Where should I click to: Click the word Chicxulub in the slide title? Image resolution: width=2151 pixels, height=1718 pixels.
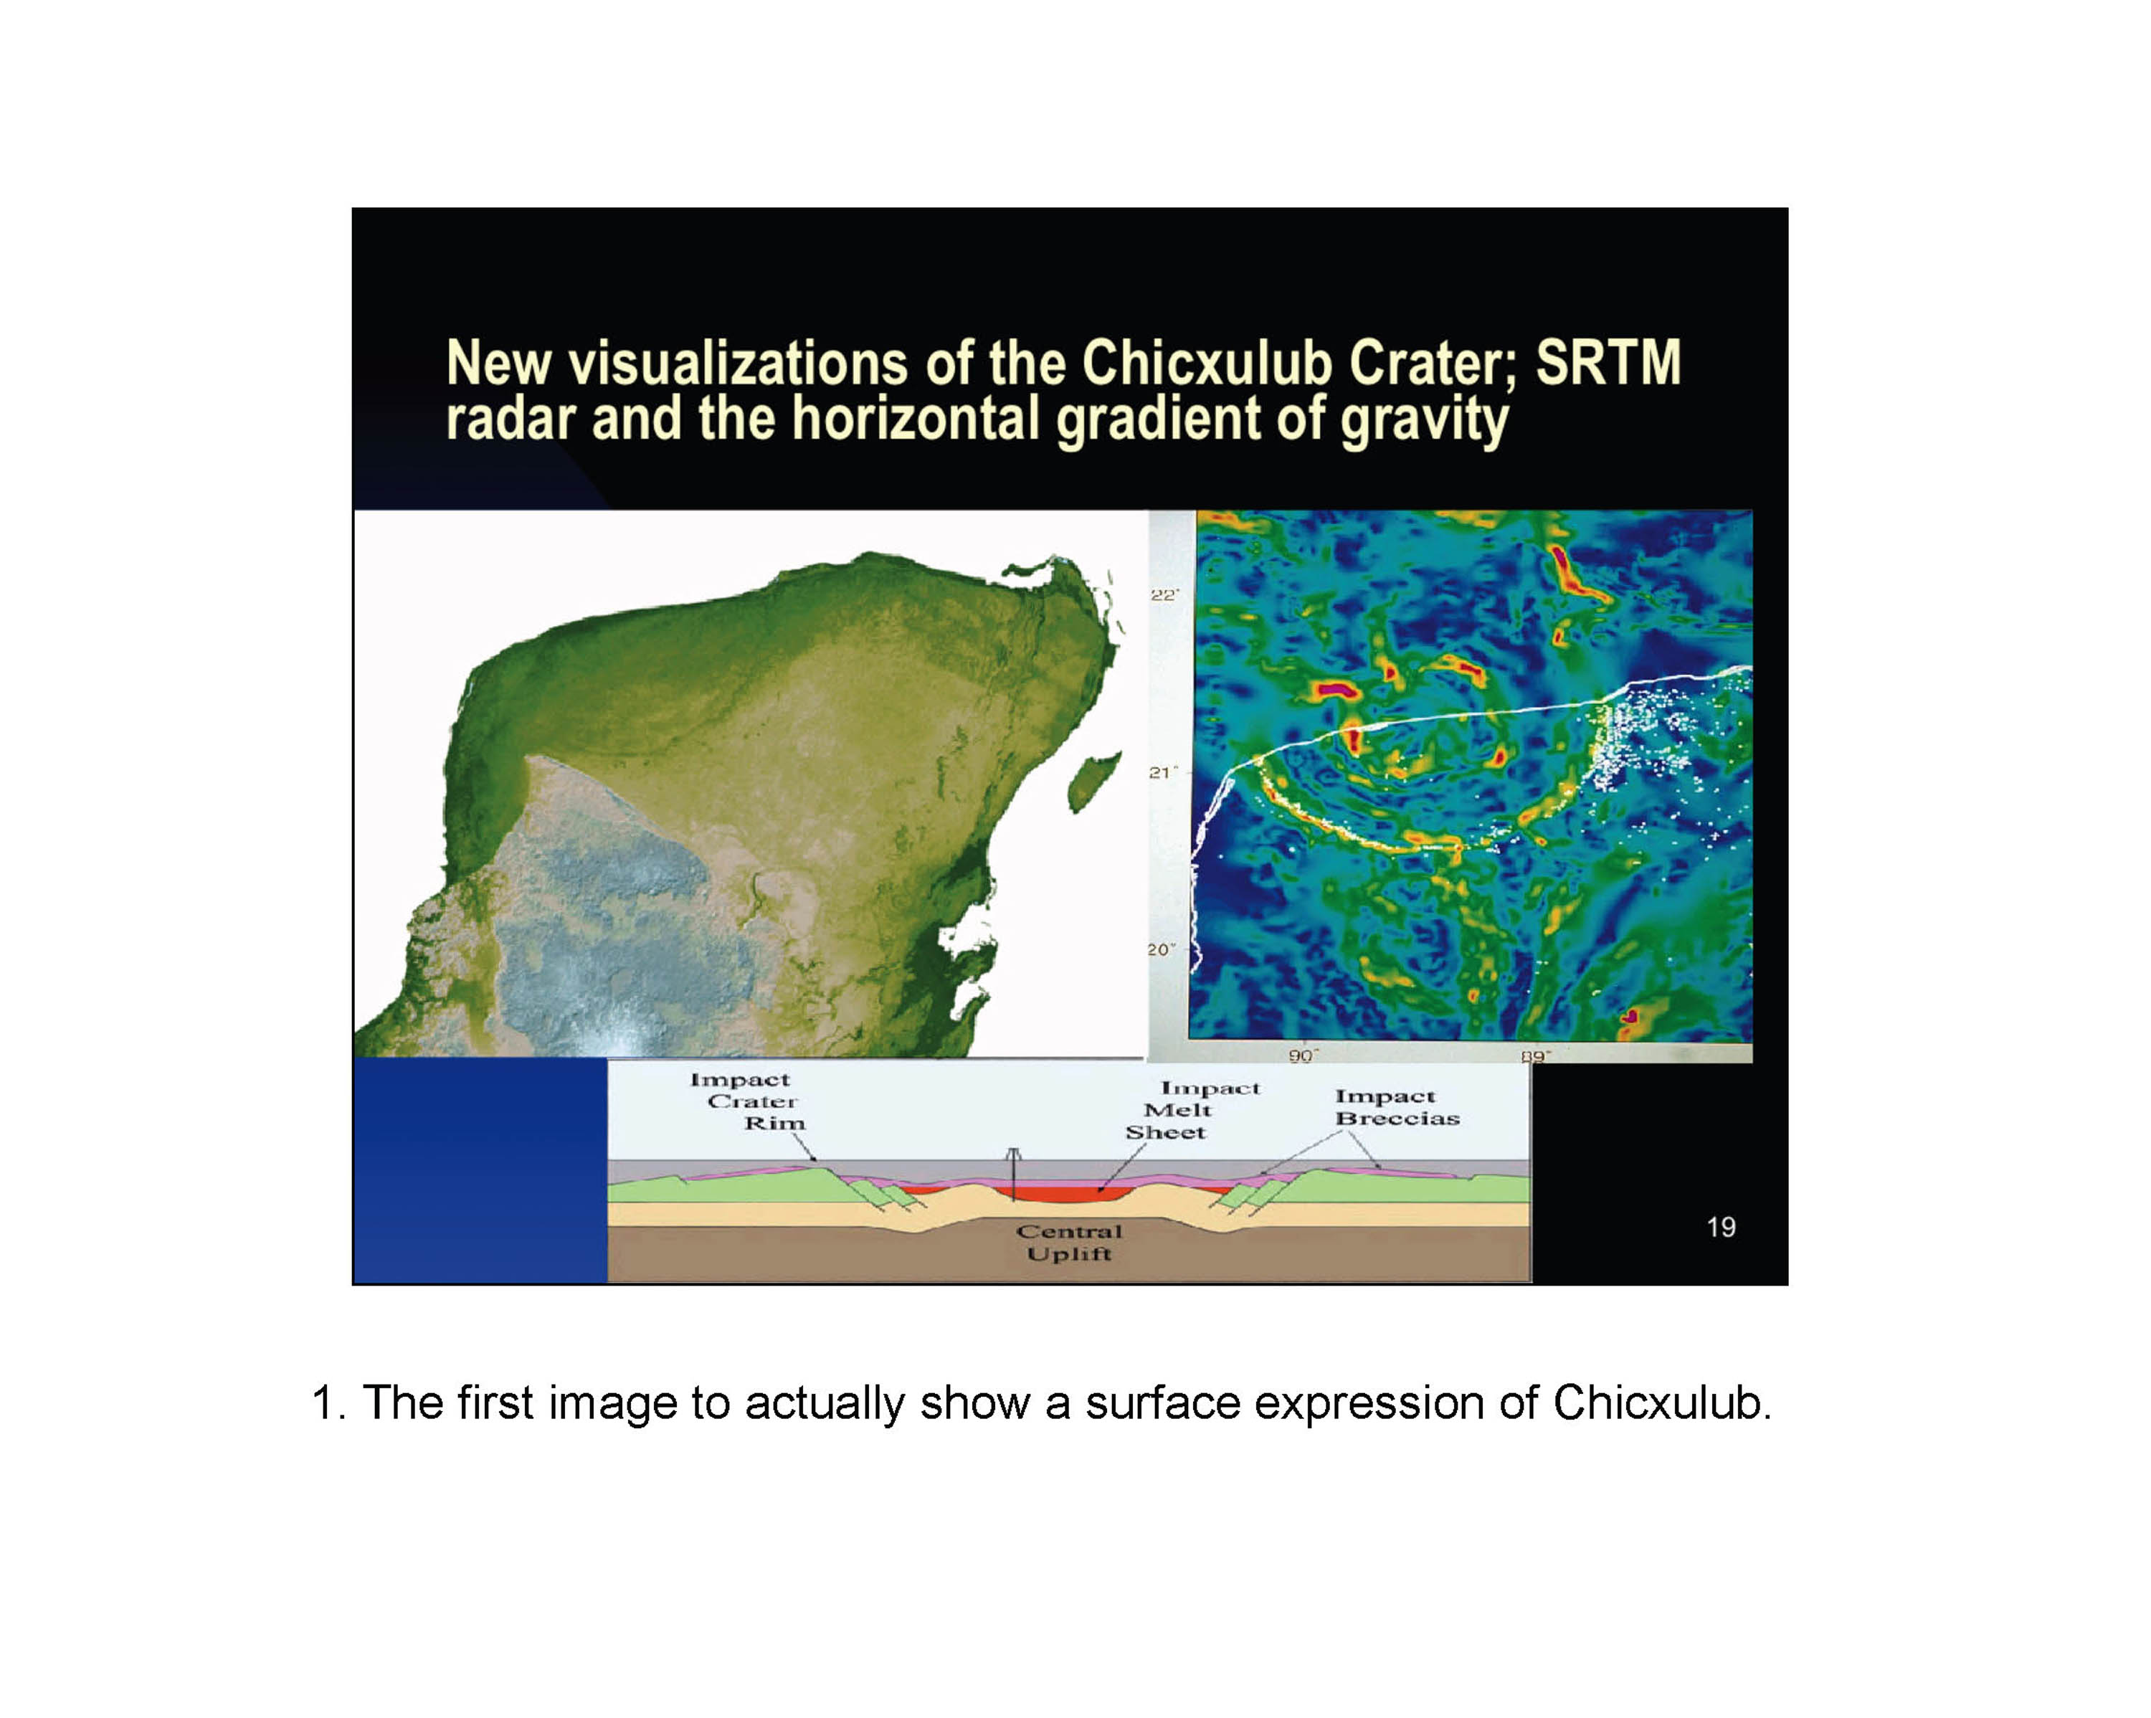1208,363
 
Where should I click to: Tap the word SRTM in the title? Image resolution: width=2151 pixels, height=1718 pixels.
1608,363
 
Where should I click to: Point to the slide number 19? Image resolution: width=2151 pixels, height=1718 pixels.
1721,1227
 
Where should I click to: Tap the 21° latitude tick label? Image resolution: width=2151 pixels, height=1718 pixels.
1163,773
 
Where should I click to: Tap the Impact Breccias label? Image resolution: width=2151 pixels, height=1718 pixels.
1397,1107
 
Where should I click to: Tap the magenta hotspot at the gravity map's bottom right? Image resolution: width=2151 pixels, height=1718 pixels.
1630,1017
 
